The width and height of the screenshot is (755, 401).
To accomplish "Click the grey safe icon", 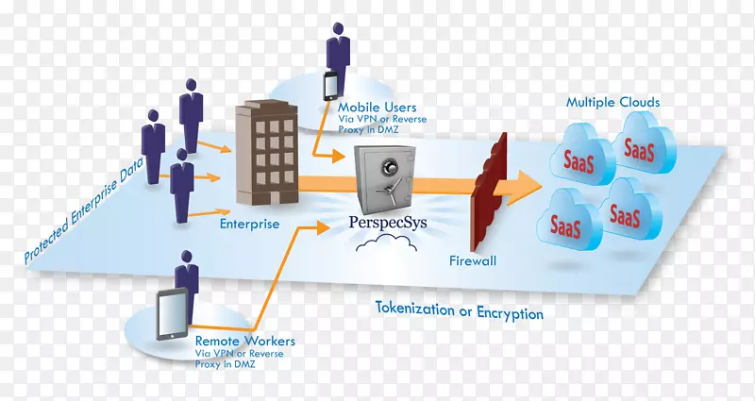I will (x=384, y=179).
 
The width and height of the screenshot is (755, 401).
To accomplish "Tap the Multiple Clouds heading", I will (x=612, y=101).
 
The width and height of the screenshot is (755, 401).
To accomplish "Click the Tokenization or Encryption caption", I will (x=460, y=311).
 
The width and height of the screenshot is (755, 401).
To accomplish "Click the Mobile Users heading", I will (x=377, y=108).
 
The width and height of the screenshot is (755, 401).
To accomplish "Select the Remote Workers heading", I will (x=244, y=340).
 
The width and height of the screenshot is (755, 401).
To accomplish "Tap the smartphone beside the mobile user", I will (x=331, y=86).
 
